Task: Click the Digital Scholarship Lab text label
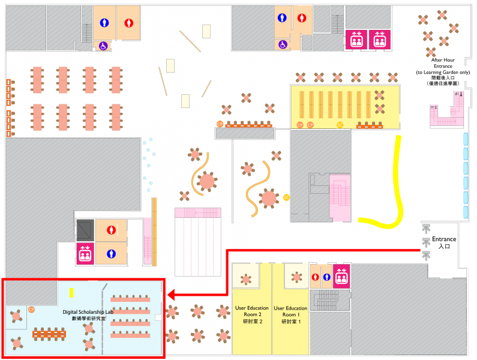pos(88,315)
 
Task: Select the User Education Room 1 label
pos(290,315)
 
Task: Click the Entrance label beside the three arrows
pos(444,242)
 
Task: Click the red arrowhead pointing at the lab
pos(170,295)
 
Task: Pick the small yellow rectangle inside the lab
pos(71,293)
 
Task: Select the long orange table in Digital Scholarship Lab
pos(49,333)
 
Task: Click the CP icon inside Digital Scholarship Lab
pos(31,310)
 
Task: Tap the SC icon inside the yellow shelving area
pos(340,125)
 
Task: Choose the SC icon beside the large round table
pos(286,197)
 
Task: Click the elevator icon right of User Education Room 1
pos(342,275)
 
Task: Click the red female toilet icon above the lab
pos(110,229)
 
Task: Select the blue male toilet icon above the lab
pos(110,254)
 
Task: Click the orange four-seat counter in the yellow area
pos(370,125)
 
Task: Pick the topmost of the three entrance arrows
pos(427,229)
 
